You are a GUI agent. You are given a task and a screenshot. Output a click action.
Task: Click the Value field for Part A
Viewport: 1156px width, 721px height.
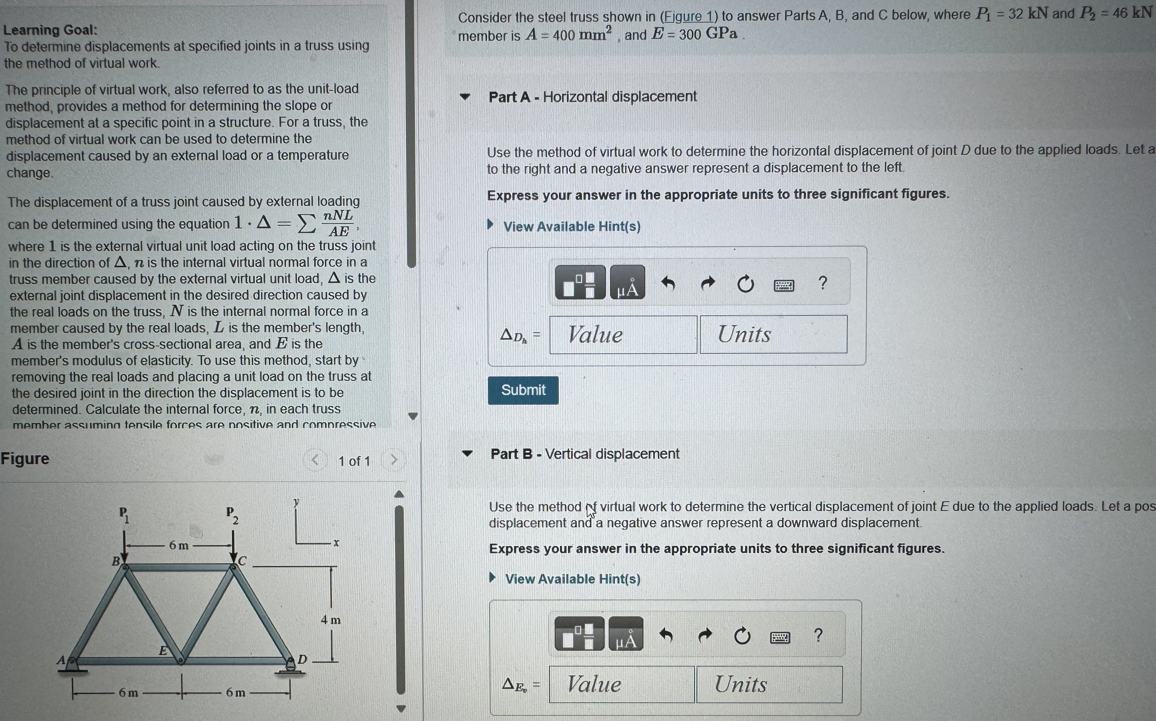coord(623,335)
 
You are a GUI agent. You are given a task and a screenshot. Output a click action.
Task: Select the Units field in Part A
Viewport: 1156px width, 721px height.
coord(773,334)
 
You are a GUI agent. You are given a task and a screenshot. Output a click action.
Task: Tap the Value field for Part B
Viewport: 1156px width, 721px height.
coord(622,685)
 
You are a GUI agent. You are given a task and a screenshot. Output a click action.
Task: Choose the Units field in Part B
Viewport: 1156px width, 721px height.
coord(769,685)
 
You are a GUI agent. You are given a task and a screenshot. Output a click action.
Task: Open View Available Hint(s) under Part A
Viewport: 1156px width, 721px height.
coord(571,227)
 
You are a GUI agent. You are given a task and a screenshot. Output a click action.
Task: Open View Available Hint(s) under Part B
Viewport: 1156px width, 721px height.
coord(572,579)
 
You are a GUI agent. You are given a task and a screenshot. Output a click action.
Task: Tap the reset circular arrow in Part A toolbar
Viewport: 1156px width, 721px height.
coord(745,284)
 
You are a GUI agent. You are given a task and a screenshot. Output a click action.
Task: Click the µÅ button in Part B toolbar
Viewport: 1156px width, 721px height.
coord(626,635)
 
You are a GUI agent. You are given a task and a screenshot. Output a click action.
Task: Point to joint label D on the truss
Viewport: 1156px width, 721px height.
coord(302,660)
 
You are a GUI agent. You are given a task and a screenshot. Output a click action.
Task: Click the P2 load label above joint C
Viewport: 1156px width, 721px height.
coord(232,515)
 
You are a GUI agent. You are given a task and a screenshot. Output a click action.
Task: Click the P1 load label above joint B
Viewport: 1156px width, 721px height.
coord(124,515)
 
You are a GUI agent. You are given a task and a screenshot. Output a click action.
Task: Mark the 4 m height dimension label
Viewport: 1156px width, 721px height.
coord(330,620)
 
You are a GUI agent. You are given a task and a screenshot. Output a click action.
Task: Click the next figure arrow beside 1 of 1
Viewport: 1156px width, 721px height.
coord(394,460)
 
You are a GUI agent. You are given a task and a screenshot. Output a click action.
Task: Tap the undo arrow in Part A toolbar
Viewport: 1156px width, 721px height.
coord(668,284)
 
